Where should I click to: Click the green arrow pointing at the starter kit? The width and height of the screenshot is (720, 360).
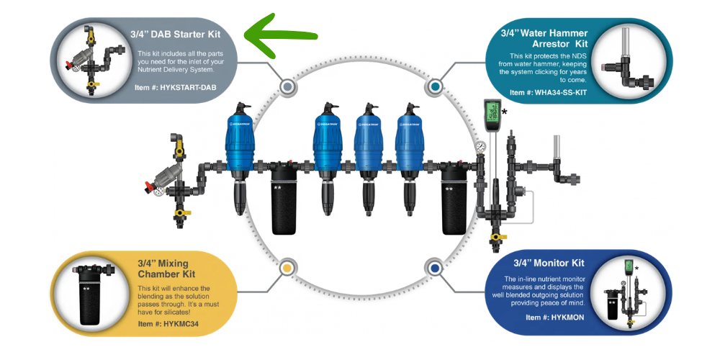pyautogui.click(x=280, y=35)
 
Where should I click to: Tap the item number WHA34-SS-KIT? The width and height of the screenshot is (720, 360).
pyautogui.click(x=548, y=92)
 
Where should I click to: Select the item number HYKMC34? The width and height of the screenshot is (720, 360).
pyautogui.click(x=168, y=324)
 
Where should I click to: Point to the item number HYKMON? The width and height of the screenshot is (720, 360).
pyautogui.click(x=555, y=318)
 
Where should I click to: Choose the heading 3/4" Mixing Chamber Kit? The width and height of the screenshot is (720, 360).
pyautogui.click(x=167, y=269)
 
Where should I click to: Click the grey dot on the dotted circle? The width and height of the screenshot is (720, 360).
pyautogui.click(x=287, y=86)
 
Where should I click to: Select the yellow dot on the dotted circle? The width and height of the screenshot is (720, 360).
pyautogui.click(x=287, y=267)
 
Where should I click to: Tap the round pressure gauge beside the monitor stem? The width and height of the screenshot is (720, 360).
pyautogui.click(x=480, y=147)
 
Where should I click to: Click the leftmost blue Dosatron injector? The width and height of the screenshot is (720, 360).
pyautogui.click(x=240, y=138)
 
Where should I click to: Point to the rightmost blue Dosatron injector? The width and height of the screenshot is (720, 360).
pyautogui.click(x=410, y=138)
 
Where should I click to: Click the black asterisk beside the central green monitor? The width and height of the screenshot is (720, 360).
pyautogui.click(x=505, y=112)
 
